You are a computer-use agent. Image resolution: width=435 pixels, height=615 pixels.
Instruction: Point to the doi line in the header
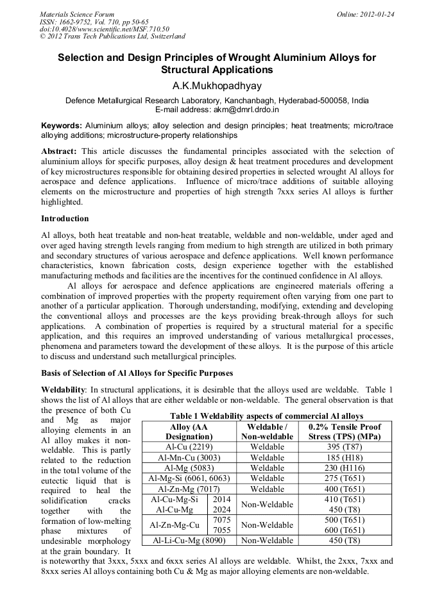tap(105, 29)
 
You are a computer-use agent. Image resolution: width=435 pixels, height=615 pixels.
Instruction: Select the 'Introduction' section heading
tap(65, 219)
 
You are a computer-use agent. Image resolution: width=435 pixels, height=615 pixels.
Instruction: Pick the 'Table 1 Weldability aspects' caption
tap(266, 416)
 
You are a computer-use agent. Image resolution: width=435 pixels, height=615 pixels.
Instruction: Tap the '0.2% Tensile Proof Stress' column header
tap(344, 432)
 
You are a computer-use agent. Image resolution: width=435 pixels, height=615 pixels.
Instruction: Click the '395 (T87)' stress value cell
tap(344, 447)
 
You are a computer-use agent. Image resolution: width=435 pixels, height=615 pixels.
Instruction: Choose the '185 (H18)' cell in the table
tap(344, 458)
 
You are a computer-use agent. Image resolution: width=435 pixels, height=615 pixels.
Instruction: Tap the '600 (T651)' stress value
tap(344, 530)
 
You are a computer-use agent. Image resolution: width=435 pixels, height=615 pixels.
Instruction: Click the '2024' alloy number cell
tap(221, 510)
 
